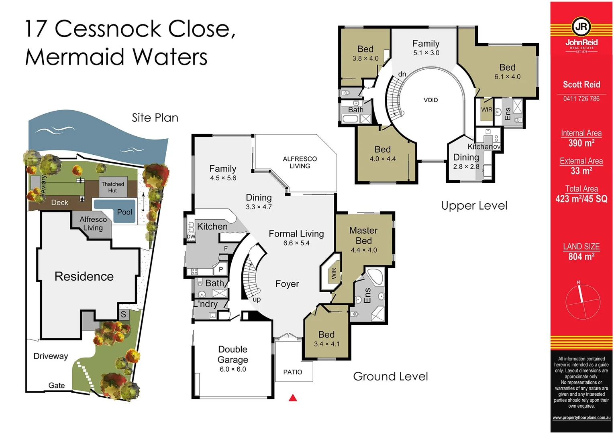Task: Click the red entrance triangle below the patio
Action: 293,398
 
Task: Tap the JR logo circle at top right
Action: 581,27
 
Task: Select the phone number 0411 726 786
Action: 581,99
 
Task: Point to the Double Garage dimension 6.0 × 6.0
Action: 233,369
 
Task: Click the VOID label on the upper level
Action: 430,100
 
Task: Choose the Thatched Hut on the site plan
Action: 113,187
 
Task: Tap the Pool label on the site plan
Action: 124,212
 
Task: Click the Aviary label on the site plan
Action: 43,184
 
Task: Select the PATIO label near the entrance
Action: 293,372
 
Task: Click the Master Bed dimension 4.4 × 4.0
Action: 364,250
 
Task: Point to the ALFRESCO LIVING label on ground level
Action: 300,162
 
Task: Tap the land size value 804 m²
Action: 581,257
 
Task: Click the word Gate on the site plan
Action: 57,385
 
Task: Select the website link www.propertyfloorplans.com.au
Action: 581,418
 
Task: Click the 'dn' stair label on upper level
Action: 402,74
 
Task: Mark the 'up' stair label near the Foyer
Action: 257,299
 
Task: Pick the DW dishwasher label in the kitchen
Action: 191,237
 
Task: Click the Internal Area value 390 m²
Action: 581,143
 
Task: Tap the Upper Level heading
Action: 474,206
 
